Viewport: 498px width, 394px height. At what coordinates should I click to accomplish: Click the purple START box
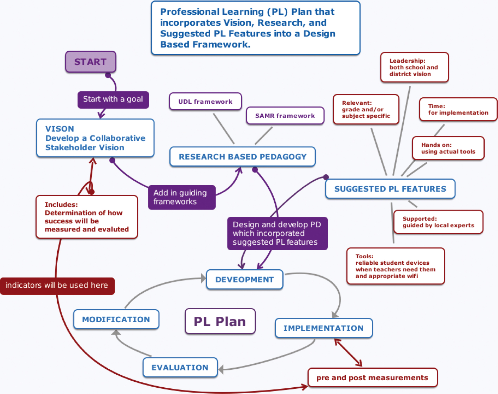click(90, 62)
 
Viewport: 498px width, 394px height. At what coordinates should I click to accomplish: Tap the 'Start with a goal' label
click(113, 99)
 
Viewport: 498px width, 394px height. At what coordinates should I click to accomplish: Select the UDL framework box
click(205, 102)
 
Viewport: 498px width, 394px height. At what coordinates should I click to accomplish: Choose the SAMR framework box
click(285, 116)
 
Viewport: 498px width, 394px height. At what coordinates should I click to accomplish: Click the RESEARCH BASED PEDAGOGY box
click(242, 157)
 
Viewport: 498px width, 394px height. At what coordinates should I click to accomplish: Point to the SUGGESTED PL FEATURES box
click(390, 189)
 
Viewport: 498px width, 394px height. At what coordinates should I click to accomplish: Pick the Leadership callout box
click(414, 67)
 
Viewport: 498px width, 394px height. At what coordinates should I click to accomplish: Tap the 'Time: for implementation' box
click(458, 110)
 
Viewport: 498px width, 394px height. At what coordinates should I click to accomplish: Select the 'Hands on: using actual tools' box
click(448, 148)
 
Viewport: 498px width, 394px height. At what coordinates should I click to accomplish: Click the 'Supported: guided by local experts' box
click(438, 222)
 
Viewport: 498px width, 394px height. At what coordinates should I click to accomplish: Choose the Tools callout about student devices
click(395, 266)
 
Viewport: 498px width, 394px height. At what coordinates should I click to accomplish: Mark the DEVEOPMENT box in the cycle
click(244, 280)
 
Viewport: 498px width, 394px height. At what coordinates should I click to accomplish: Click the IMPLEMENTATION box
click(324, 328)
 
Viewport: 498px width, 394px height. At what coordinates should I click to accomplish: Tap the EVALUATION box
click(180, 368)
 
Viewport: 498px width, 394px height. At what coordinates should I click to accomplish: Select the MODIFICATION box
click(116, 319)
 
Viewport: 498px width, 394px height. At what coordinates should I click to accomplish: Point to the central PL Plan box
click(220, 322)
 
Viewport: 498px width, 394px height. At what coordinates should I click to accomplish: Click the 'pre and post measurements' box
click(372, 378)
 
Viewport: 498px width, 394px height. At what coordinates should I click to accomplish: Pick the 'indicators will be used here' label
click(57, 285)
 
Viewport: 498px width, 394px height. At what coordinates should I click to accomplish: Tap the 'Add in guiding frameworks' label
click(181, 197)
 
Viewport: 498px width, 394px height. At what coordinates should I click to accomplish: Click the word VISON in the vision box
click(60, 129)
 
